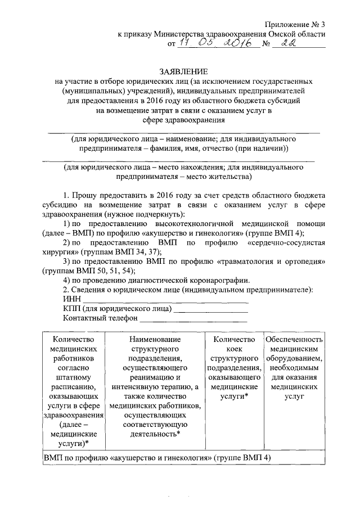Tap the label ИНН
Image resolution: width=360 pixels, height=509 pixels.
[x=71, y=299]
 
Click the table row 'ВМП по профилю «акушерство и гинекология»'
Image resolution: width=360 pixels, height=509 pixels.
[x=157, y=458]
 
